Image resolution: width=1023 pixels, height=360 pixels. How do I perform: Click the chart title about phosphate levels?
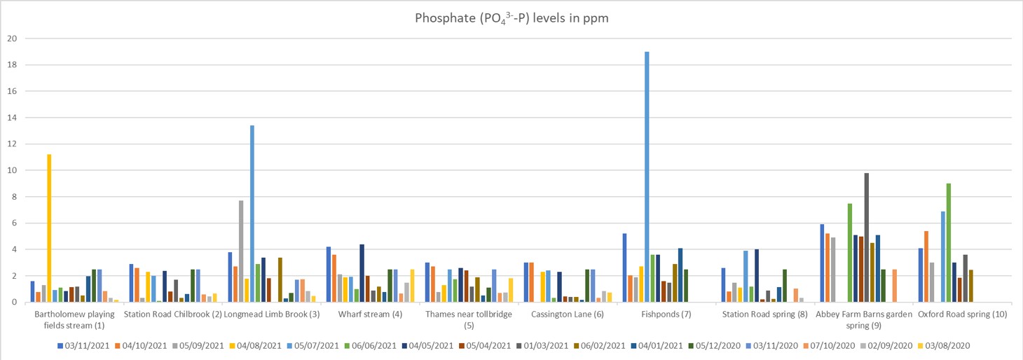511,19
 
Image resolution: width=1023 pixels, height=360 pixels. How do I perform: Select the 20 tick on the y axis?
11,39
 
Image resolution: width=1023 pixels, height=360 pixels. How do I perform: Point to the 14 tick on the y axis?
11,118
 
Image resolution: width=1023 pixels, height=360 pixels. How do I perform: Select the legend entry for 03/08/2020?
948,345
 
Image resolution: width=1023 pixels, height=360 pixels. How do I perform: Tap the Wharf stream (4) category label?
370,314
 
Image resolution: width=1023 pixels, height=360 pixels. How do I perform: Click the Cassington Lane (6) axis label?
568,314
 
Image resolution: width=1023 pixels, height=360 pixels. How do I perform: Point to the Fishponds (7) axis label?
666,314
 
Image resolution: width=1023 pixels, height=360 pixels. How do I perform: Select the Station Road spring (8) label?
765,314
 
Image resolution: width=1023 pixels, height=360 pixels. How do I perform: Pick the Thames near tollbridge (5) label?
469,319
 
